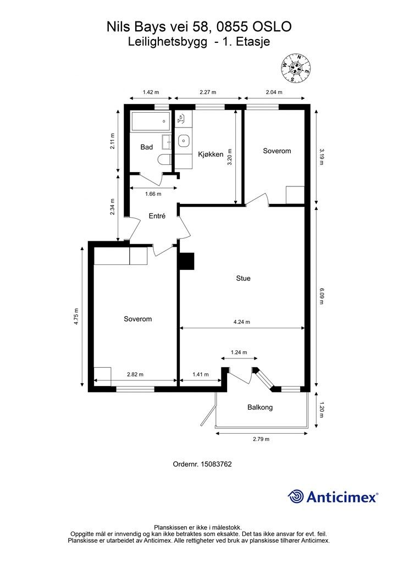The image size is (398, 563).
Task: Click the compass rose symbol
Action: [x=296, y=68]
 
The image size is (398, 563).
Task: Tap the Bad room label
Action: [x=146, y=147]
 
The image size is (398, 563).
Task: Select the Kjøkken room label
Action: [x=211, y=154]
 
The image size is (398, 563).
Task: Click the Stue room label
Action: [x=244, y=278]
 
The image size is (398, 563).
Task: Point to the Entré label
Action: [x=157, y=216]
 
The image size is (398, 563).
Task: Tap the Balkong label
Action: [x=260, y=407]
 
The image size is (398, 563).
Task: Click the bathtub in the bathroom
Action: [x=151, y=122]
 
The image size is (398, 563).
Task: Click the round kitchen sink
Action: [x=183, y=140]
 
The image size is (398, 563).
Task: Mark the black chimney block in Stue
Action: [x=186, y=261]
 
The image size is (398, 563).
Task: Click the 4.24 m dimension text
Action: [x=241, y=322]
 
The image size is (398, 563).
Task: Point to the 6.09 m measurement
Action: [x=321, y=295]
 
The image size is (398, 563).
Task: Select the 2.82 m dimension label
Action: [x=135, y=374]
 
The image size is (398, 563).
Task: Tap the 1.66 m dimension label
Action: [x=153, y=194]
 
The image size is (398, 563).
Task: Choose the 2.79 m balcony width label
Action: [x=261, y=439]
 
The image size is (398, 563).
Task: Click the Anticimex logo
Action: [x=333, y=496]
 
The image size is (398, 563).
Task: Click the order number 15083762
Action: [x=216, y=464]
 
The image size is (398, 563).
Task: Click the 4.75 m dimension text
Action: [x=76, y=316]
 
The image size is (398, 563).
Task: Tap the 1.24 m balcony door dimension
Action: [x=239, y=352]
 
